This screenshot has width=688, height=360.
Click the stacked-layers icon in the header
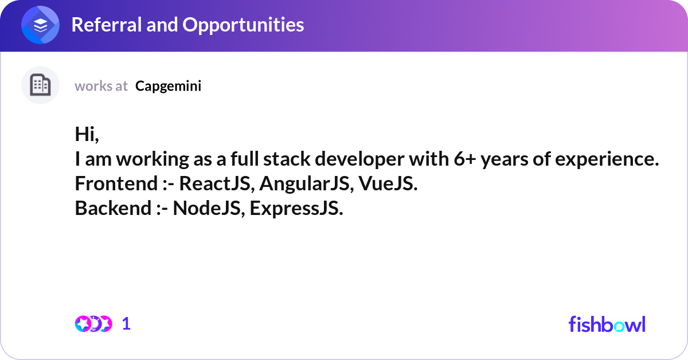[x=41, y=25]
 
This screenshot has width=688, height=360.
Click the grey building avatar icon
[x=40, y=85]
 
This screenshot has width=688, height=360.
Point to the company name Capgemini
[x=169, y=86]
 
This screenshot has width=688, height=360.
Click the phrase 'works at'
[x=101, y=86]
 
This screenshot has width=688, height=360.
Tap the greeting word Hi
[x=87, y=135]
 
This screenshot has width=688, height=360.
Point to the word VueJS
[x=387, y=183]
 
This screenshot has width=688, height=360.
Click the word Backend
[x=112, y=208]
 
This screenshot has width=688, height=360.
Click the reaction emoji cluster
[x=93, y=324]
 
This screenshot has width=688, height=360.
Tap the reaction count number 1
[x=127, y=324]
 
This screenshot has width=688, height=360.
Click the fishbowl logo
[x=607, y=324]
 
